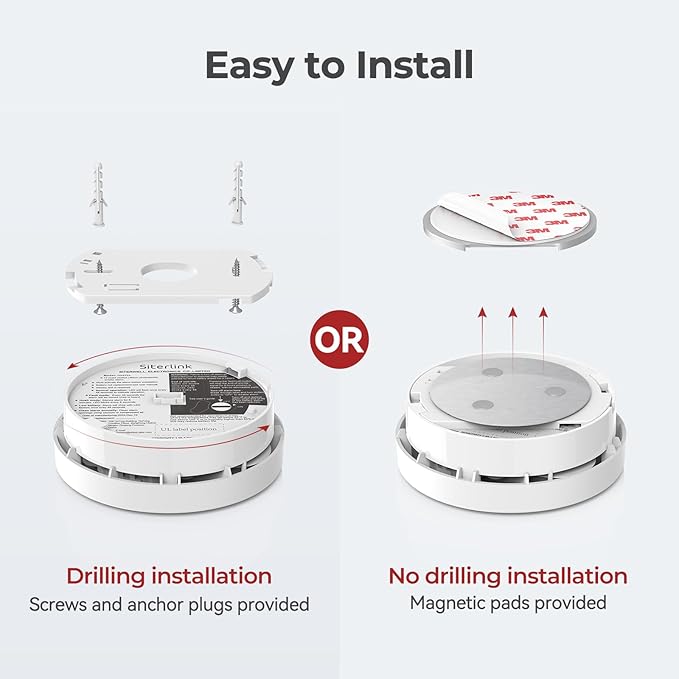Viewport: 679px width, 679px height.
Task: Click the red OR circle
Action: point(340,339)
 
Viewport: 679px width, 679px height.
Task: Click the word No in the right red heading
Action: point(405,576)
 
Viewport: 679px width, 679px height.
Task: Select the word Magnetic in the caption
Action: point(448,603)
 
